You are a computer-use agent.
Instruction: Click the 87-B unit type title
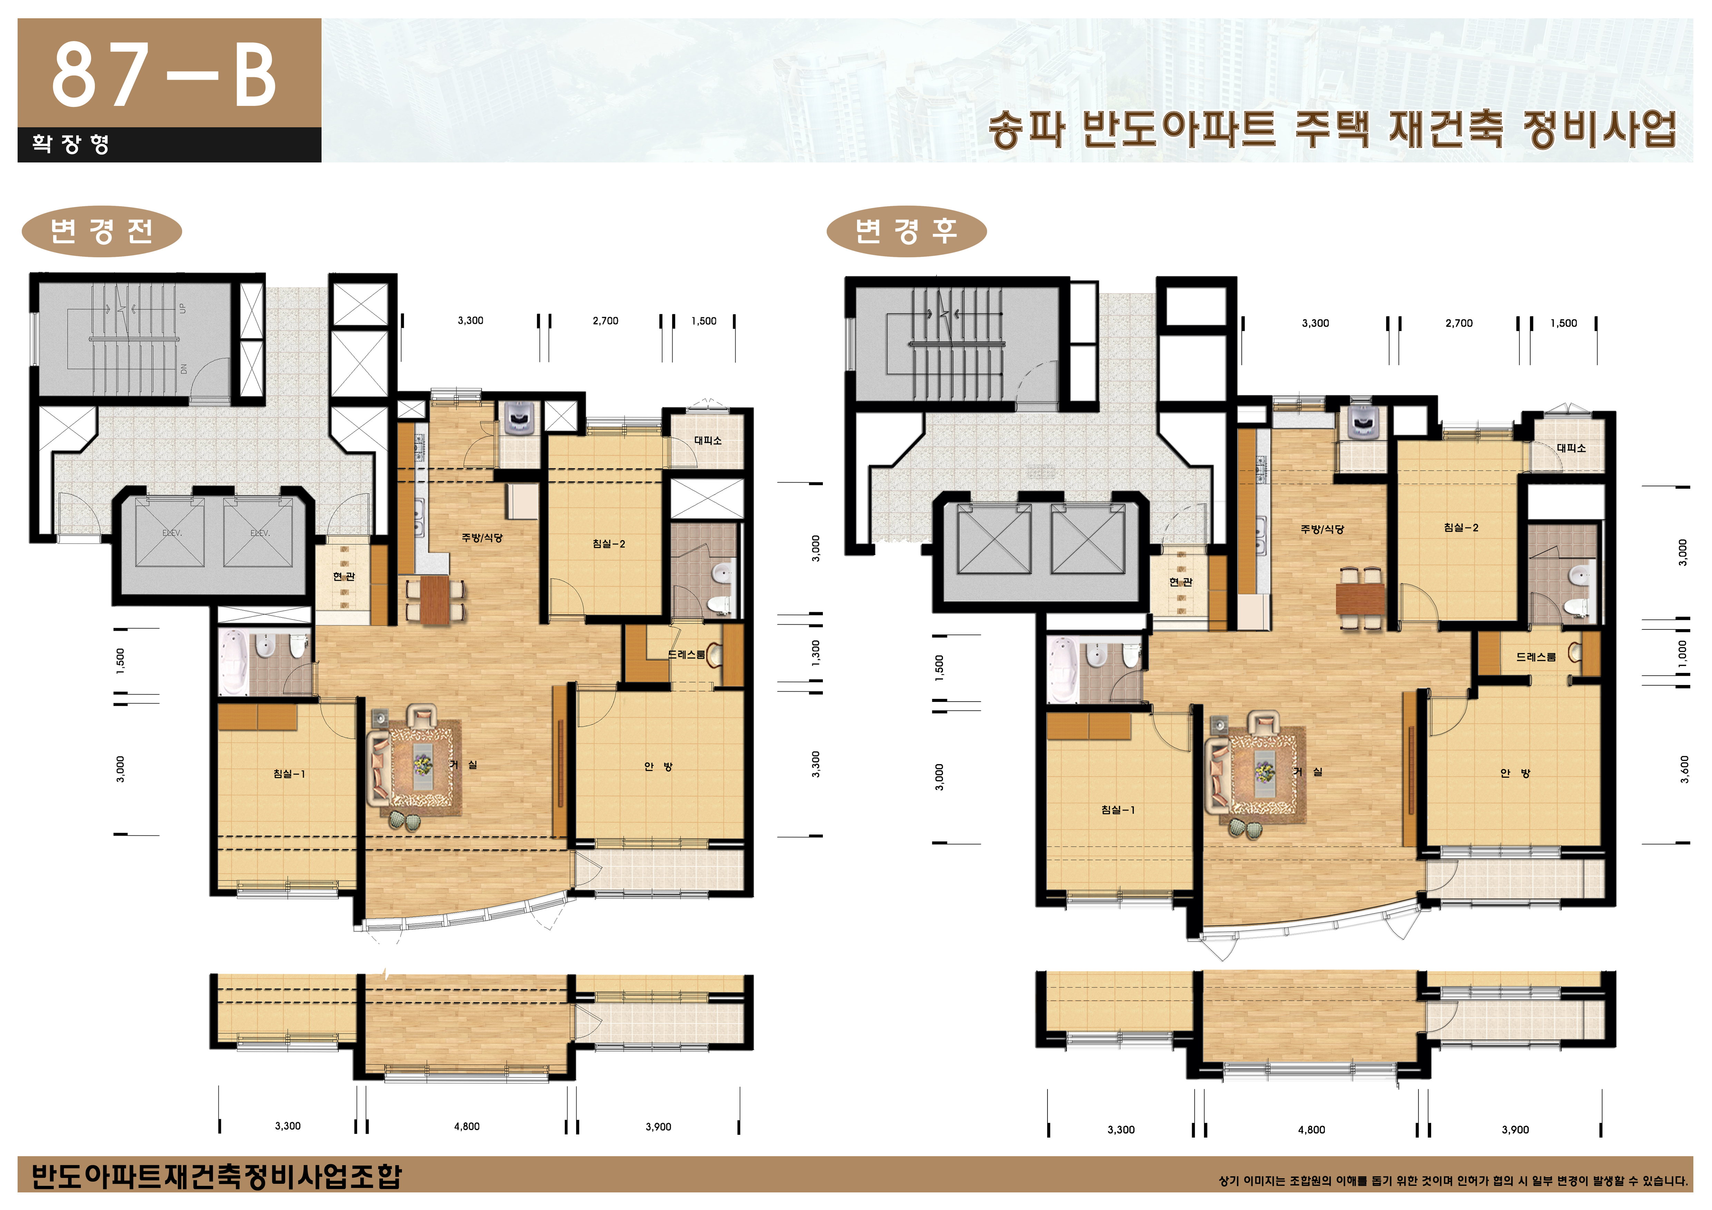[x=164, y=75]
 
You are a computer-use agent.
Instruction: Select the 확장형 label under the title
[x=71, y=144]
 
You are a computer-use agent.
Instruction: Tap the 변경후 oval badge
[x=906, y=231]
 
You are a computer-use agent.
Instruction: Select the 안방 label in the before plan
[x=658, y=766]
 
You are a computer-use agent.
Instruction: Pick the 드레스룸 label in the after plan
[x=1535, y=657]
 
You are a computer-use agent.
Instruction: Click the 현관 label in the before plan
[x=344, y=576]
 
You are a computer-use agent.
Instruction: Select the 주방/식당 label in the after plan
[x=1322, y=529]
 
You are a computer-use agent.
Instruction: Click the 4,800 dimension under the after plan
[x=1311, y=1130]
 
